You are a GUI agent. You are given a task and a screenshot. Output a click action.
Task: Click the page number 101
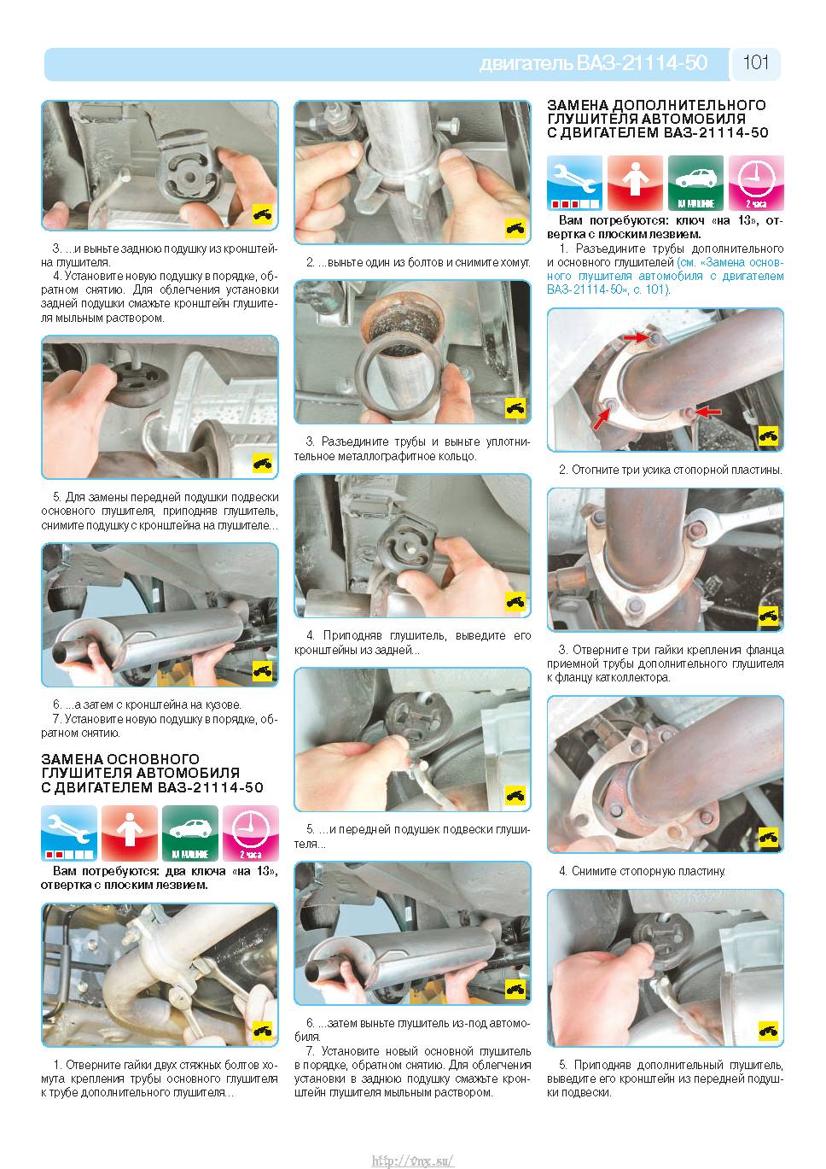coord(756,62)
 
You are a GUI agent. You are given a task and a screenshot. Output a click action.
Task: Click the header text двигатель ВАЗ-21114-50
coord(593,63)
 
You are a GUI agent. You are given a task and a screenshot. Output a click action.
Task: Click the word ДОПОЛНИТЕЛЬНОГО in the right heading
coord(689,105)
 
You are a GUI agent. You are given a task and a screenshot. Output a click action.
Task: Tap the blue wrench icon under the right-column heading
coord(574,183)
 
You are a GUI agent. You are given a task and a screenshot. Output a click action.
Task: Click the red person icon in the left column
coord(130,833)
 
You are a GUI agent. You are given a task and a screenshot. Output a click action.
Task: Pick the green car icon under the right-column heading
coord(695,183)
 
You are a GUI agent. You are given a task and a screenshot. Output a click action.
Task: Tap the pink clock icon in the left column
coord(250,833)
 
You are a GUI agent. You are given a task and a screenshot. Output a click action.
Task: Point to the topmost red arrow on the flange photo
coord(637,338)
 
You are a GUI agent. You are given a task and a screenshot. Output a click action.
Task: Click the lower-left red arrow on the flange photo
coord(602,419)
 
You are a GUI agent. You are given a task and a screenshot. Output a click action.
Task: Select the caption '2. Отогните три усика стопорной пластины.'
coord(671,470)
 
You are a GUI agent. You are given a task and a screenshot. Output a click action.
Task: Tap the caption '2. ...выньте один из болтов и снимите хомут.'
coord(418,262)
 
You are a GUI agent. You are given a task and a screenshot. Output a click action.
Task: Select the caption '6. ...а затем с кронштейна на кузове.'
coord(147,704)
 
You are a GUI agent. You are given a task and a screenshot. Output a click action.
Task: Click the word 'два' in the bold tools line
coord(176,871)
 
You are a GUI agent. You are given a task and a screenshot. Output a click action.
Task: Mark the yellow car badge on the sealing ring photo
coord(515,408)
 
